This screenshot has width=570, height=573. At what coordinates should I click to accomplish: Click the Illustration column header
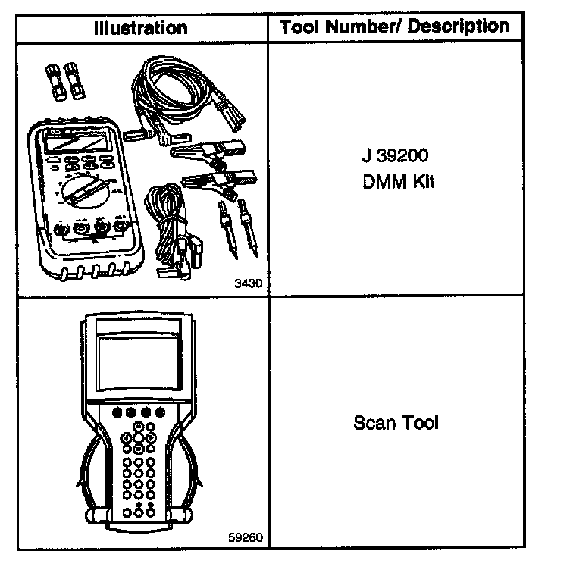click(x=140, y=29)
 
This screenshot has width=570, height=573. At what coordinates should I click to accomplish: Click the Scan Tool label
click(x=396, y=422)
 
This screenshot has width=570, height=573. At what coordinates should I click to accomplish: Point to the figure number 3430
click(x=248, y=283)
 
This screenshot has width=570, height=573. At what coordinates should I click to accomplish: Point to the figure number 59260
click(x=244, y=537)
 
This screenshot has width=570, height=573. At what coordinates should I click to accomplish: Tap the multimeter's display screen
click(x=75, y=141)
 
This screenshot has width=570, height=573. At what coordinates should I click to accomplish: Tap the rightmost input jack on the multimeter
click(x=120, y=226)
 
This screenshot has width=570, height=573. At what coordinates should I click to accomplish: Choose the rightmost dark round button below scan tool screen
click(x=159, y=413)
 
